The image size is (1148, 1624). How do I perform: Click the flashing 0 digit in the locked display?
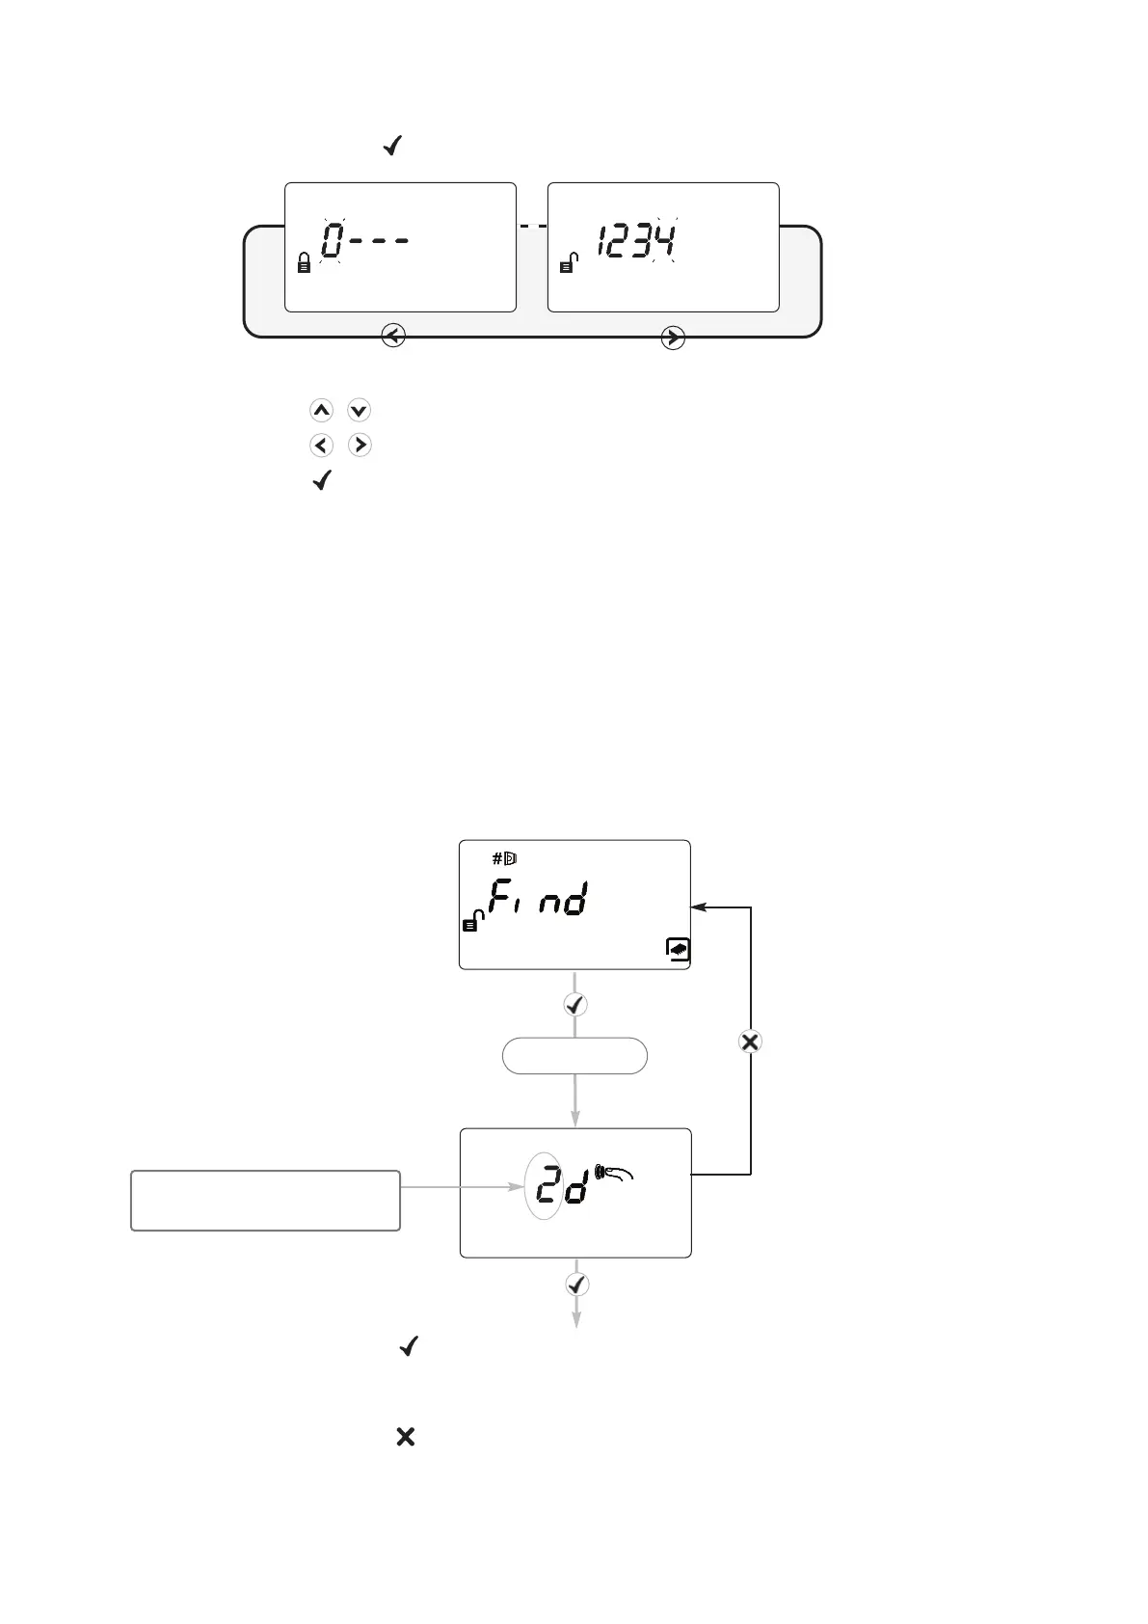pyautogui.click(x=333, y=240)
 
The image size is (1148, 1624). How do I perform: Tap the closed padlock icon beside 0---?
pyautogui.click(x=304, y=262)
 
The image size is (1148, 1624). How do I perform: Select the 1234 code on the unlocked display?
pyautogui.click(x=636, y=240)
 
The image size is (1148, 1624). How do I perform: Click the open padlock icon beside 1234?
pyautogui.click(x=568, y=261)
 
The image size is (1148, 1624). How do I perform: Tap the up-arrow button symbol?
pyautogui.click(x=321, y=411)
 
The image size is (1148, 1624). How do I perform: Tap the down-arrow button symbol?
pyautogui.click(x=359, y=411)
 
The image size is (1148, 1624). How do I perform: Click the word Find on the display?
pyautogui.click(x=538, y=900)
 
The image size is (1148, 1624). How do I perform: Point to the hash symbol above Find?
pyautogui.click(x=497, y=858)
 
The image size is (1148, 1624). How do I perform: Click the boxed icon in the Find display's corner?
pyautogui.click(x=678, y=950)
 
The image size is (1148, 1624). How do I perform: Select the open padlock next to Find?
pyautogui.click(x=472, y=921)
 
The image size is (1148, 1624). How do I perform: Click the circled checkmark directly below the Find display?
pyautogui.click(x=575, y=1005)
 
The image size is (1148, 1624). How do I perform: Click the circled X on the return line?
pyautogui.click(x=750, y=1042)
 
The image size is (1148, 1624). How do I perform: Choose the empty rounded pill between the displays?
pyautogui.click(x=574, y=1056)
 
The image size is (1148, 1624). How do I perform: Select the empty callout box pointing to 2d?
pyautogui.click(x=265, y=1201)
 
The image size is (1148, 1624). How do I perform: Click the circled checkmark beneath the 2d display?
pyautogui.click(x=576, y=1285)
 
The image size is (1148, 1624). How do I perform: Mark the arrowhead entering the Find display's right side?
pyautogui.click(x=698, y=907)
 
